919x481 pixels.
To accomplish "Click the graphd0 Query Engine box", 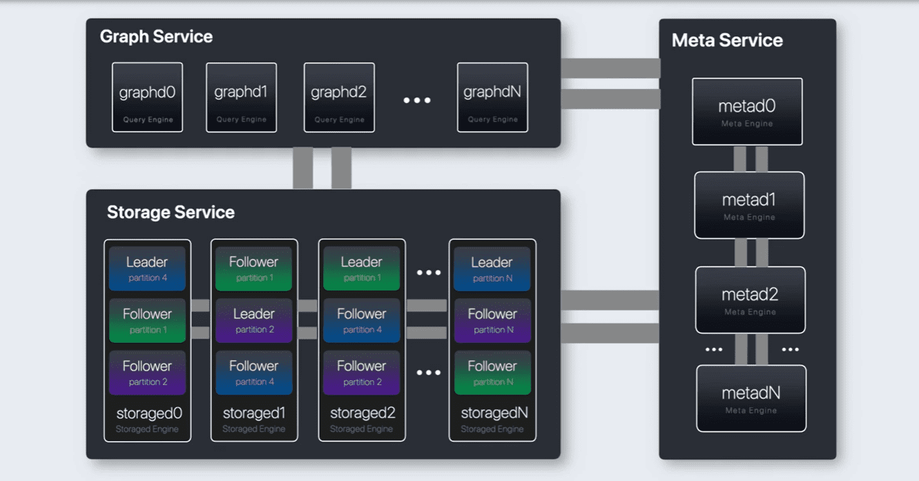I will pyautogui.click(x=147, y=97).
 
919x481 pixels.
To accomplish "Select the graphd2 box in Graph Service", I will pyautogui.click(x=339, y=97).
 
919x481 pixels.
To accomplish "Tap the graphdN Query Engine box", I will pyautogui.click(x=492, y=97).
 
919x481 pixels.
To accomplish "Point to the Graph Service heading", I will pyautogui.click(x=156, y=37).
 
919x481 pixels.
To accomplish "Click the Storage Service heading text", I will pyautogui.click(x=171, y=212).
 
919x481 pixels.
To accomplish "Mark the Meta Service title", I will pyautogui.click(x=727, y=40).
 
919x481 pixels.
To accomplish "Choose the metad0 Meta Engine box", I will pyautogui.click(x=747, y=112).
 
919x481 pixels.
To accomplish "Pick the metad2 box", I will pyautogui.click(x=750, y=300).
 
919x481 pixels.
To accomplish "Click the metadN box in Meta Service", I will pyautogui.click(x=751, y=399).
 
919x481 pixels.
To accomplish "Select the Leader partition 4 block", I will pyautogui.click(x=147, y=268).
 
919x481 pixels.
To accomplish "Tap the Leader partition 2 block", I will pyautogui.click(x=253, y=320).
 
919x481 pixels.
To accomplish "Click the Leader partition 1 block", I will pyautogui.click(x=361, y=268).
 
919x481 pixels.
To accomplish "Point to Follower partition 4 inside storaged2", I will pyautogui.click(x=361, y=320).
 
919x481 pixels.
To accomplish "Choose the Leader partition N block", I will pyautogui.click(x=492, y=268).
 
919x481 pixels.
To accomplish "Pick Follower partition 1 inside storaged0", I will pyautogui.click(x=147, y=320).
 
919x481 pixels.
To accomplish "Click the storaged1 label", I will pyautogui.click(x=253, y=413).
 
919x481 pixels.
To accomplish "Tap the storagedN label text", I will pyautogui.click(x=492, y=413).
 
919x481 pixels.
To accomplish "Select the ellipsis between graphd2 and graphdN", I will pyautogui.click(x=417, y=100).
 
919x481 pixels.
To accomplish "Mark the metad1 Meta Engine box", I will pyautogui.click(x=749, y=205).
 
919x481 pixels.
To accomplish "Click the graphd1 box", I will pyautogui.click(x=241, y=97).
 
